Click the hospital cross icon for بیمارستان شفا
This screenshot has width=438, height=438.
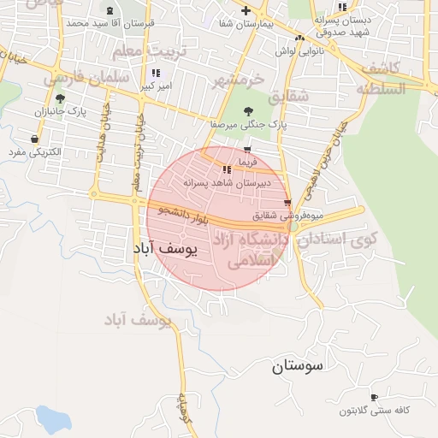246,11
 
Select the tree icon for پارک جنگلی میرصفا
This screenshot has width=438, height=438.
248,111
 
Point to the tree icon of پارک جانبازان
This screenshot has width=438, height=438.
59,99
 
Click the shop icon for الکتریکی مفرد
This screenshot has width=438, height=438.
34,139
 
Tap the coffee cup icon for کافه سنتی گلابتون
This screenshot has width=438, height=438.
374,397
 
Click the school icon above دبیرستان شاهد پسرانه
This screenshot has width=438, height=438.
226,169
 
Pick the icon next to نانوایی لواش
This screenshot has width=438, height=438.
299,38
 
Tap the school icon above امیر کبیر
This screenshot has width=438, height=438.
155,74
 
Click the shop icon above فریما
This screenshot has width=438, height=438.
247,150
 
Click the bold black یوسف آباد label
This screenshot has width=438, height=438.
166,249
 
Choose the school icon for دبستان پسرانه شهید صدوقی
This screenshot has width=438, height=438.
342,8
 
